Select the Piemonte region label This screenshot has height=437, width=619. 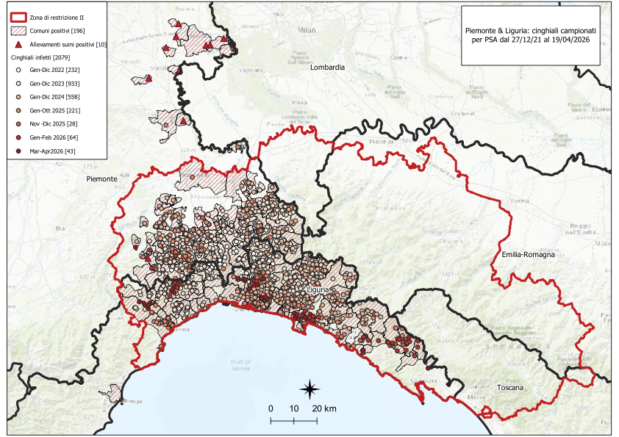click(x=101, y=178)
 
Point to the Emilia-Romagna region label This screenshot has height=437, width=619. click(x=529, y=254)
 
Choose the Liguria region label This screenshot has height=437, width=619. click(x=321, y=291)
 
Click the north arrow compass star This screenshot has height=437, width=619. click(x=310, y=389)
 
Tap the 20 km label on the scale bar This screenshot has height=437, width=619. click(x=323, y=408)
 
